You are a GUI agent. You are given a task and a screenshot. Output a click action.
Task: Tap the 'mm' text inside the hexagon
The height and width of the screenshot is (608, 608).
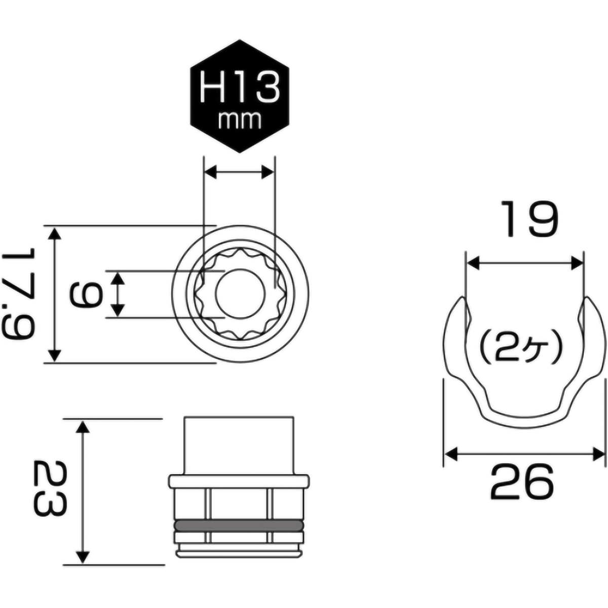[x=239, y=120]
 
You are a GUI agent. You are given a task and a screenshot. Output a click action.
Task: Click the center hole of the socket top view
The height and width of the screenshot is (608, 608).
[x=240, y=294]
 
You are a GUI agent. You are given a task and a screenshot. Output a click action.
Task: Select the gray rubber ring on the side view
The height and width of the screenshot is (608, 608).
[x=238, y=525]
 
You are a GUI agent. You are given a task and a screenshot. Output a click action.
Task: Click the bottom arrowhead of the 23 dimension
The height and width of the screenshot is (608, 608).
[x=83, y=557]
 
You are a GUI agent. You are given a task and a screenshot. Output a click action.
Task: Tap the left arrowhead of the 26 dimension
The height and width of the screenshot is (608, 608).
[x=450, y=453]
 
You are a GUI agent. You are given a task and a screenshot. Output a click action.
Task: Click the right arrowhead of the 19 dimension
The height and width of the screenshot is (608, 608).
[x=577, y=263]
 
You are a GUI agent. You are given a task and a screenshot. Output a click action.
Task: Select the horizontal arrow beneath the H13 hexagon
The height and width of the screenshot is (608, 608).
[x=239, y=172]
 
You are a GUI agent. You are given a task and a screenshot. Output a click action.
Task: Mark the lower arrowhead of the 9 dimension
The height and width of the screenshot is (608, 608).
[x=118, y=310]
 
